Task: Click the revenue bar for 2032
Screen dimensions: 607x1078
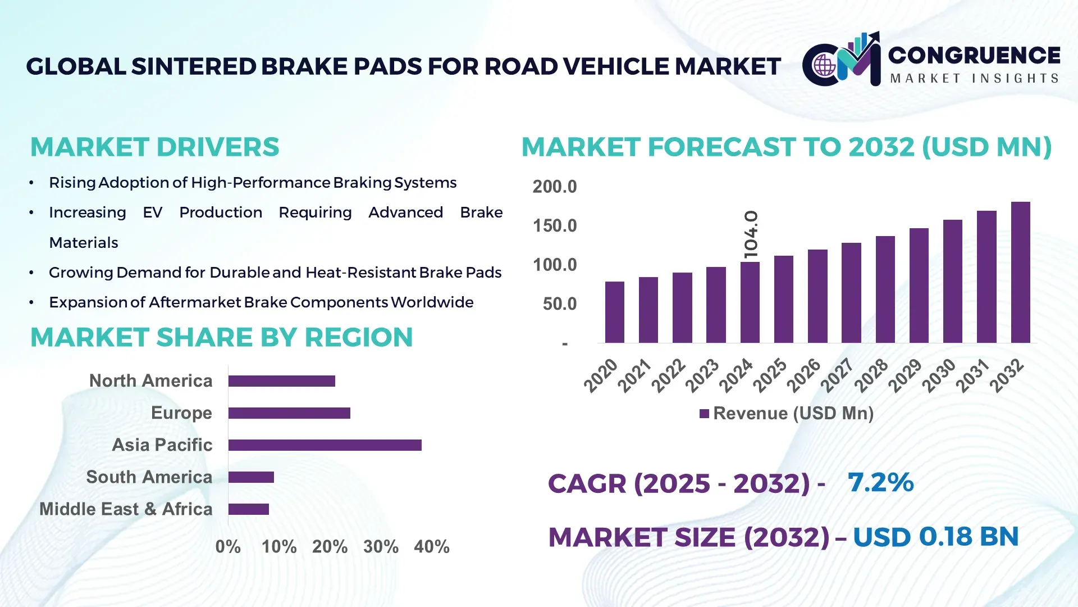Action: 1020,273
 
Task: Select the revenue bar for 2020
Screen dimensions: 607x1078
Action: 615,312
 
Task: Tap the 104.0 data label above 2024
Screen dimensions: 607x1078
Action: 751,234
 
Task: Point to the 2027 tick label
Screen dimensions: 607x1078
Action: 838,375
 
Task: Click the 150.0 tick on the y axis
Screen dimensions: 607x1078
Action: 555,226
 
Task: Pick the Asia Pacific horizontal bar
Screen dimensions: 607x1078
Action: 325,445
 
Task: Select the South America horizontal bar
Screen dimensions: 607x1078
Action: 251,477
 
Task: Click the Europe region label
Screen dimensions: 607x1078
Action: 181,413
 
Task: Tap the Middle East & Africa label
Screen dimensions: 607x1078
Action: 126,509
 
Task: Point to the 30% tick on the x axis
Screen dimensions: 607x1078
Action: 381,546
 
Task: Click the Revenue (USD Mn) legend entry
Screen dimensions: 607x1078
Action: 787,414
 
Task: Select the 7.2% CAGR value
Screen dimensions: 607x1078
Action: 880,482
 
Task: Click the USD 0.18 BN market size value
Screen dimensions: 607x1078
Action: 935,537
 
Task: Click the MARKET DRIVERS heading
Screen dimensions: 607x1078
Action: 154,147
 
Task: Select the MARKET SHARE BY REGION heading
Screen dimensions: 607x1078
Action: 221,338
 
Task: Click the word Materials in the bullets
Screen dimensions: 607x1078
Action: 84,243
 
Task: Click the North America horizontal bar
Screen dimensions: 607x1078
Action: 281,381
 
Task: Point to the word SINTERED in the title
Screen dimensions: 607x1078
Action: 194,67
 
